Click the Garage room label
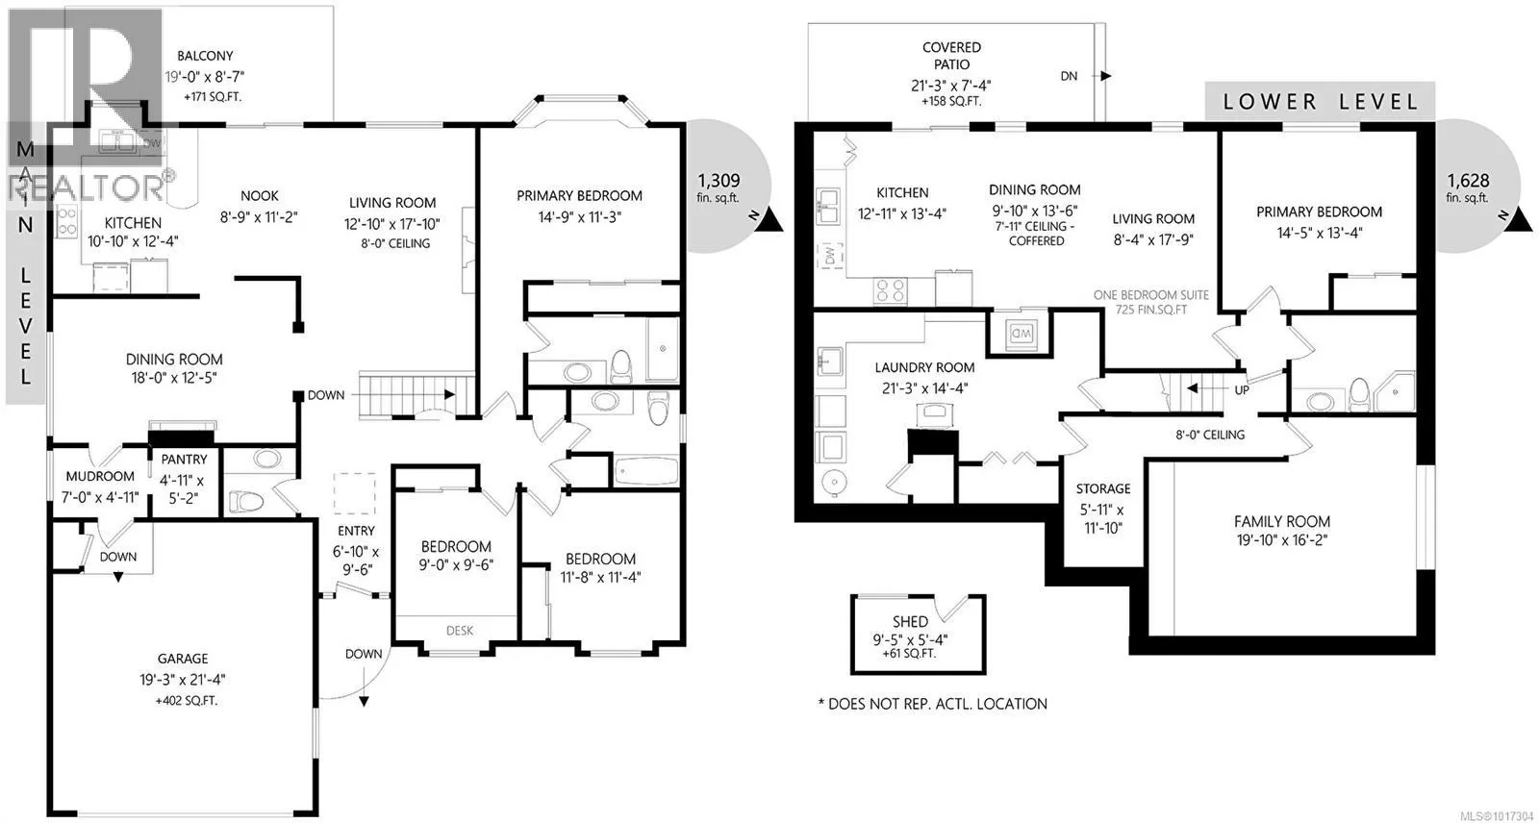[182, 659]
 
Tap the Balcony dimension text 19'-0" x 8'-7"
[205, 76]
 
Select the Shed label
[910, 622]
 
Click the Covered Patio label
[951, 56]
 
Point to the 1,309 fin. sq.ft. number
[719, 181]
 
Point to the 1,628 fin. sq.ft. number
[1468, 181]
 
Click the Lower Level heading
[1320, 102]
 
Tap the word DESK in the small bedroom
[460, 631]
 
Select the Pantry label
[184, 459]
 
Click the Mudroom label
[100, 476]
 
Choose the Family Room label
[1282, 521]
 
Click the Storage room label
[1102, 488]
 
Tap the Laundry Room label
[924, 367]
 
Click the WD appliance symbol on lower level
[1021, 335]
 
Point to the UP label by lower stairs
[1242, 390]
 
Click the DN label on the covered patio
[1069, 76]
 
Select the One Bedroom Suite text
[1150, 295]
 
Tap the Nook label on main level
[260, 196]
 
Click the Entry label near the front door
[356, 531]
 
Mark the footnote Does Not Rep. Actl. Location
[932, 704]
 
